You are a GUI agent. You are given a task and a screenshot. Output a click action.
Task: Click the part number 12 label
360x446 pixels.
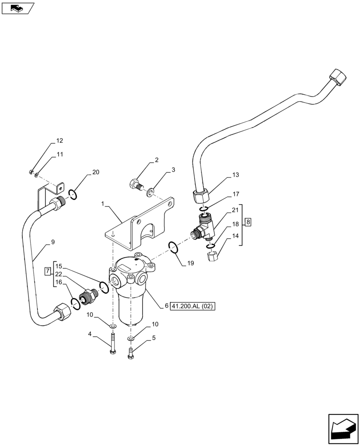coord(59,140)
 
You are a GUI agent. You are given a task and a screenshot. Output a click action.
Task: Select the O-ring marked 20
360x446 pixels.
coord(74,194)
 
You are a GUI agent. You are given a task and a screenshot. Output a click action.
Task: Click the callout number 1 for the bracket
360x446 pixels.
coord(102,204)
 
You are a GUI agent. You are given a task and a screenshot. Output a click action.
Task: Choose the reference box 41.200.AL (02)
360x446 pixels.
coord(192,306)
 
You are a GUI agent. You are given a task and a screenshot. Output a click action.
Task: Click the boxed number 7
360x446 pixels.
coord(47,272)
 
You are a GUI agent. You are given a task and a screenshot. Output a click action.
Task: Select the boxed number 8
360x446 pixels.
coord(248,222)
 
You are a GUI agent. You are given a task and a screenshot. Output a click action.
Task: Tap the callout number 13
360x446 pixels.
coord(235,174)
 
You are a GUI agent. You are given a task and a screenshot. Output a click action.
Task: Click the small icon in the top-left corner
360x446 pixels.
coord(17,8)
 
